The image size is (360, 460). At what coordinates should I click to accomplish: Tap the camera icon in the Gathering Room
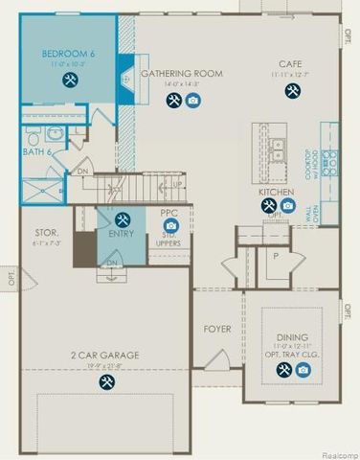click(x=192, y=101)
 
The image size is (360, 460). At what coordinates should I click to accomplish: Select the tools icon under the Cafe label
click(x=290, y=91)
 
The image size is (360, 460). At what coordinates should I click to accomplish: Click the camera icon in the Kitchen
click(x=287, y=204)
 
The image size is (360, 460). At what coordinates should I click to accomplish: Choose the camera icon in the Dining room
click(x=303, y=368)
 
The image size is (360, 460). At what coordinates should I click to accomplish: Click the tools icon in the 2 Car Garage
click(x=104, y=381)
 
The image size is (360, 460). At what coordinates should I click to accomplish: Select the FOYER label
click(x=217, y=329)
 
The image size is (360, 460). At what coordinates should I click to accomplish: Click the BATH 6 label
click(x=37, y=150)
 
